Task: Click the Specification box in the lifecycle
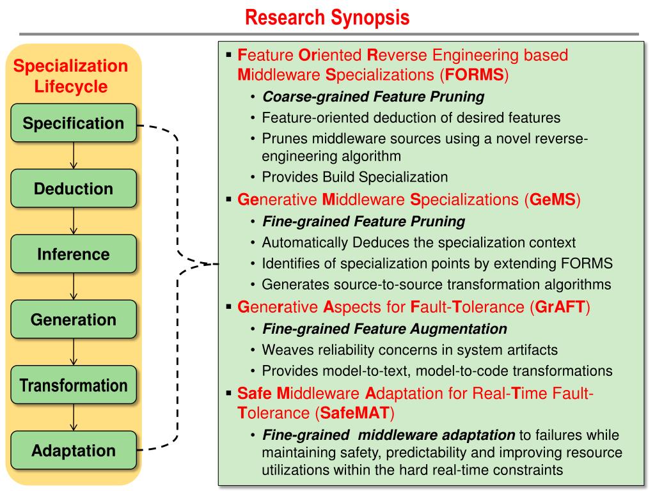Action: (74, 123)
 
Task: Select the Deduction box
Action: (74, 189)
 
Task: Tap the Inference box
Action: (74, 254)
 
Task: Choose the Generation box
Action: (74, 320)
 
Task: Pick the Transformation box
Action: (74, 385)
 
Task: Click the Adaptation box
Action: (74, 451)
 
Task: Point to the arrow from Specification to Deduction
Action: (74, 156)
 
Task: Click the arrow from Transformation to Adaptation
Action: (74, 417)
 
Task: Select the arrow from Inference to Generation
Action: (74, 286)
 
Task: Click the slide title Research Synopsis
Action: (327, 17)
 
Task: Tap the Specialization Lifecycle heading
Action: (70, 76)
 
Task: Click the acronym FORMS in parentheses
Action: (475, 75)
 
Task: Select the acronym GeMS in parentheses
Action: (553, 199)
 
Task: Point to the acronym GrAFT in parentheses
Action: (560, 307)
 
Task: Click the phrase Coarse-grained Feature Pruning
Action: (374, 97)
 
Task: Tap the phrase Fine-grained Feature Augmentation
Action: (384, 329)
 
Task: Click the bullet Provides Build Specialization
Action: (354, 177)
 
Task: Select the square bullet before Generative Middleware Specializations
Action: (228, 199)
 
